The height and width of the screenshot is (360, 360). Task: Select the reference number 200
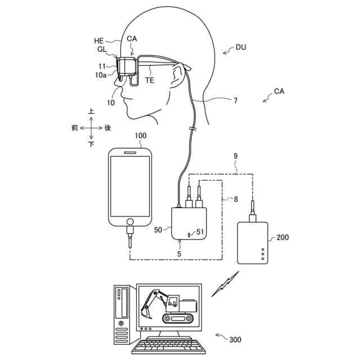282,237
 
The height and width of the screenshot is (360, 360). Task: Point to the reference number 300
235,340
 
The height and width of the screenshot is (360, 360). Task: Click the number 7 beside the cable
235,101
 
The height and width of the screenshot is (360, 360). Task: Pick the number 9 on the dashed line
236,156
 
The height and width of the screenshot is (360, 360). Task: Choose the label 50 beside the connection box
158,229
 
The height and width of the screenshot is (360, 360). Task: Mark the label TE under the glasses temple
150,80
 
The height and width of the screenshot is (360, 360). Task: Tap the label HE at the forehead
98,41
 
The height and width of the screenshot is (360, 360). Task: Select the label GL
101,49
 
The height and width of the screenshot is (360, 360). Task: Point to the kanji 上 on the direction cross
91,112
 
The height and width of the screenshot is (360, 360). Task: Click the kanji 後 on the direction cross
108,128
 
